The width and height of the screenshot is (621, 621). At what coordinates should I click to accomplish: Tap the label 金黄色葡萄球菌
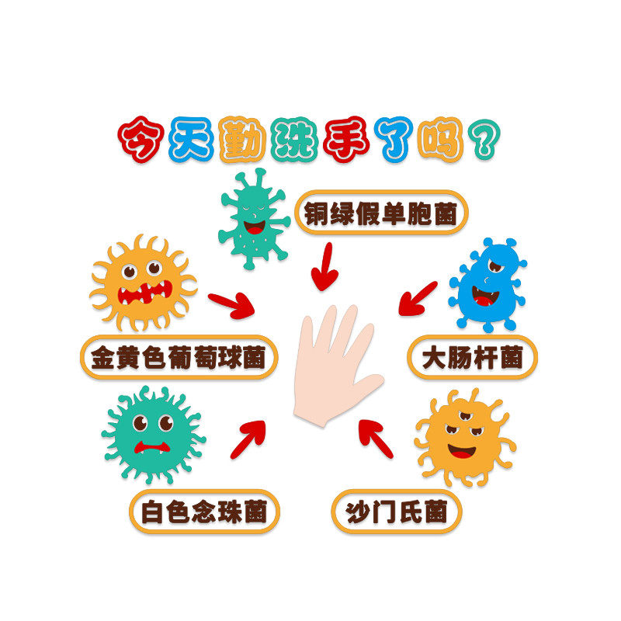[x=178, y=357]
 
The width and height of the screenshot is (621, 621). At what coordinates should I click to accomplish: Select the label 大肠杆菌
[x=473, y=358]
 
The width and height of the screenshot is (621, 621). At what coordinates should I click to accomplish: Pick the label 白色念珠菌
[x=204, y=512]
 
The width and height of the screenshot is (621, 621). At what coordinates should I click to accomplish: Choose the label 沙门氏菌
[x=397, y=512]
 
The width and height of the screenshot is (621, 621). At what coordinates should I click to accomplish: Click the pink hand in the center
[x=334, y=365]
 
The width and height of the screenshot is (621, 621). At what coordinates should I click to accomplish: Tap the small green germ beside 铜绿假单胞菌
[x=253, y=219]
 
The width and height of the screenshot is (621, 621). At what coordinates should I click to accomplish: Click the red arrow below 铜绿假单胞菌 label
[x=324, y=268]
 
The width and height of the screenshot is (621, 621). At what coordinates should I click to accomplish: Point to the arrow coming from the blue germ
[x=418, y=299]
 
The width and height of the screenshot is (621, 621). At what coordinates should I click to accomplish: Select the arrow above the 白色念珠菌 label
[x=248, y=439]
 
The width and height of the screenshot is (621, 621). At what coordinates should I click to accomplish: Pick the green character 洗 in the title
[x=293, y=140]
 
